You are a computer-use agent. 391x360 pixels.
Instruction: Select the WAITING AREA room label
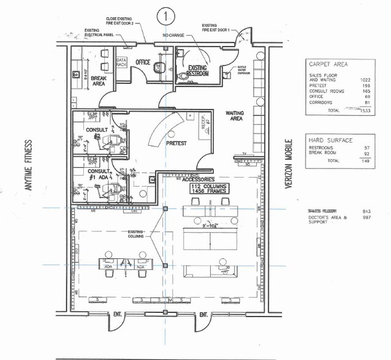click(x=235, y=116)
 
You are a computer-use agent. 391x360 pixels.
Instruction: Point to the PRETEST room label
click(x=177, y=142)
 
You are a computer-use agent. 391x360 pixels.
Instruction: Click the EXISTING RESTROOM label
click(x=197, y=70)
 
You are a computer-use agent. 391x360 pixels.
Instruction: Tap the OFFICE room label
click(x=143, y=62)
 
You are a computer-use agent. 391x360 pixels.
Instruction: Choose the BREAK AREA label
click(x=99, y=82)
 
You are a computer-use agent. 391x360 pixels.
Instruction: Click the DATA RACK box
click(x=121, y=62)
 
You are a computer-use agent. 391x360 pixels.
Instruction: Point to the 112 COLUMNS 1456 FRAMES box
click(x=208, y=189)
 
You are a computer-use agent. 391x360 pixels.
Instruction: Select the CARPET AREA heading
click(x=330, y=63)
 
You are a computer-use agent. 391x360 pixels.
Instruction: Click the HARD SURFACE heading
click(x=331, y=140)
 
